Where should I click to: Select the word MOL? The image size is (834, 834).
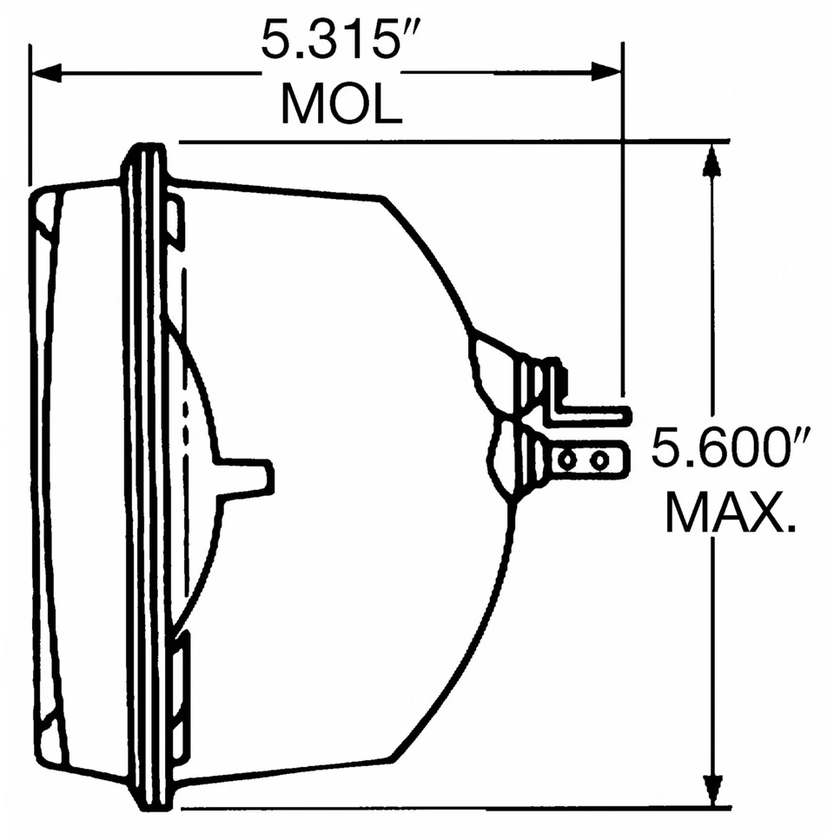click(341, 104)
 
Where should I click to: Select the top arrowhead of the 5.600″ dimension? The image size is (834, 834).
click(712, 161)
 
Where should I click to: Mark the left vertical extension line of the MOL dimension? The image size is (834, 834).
click(30, 113)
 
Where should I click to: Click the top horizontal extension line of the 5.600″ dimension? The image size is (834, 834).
click(452, 141)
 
